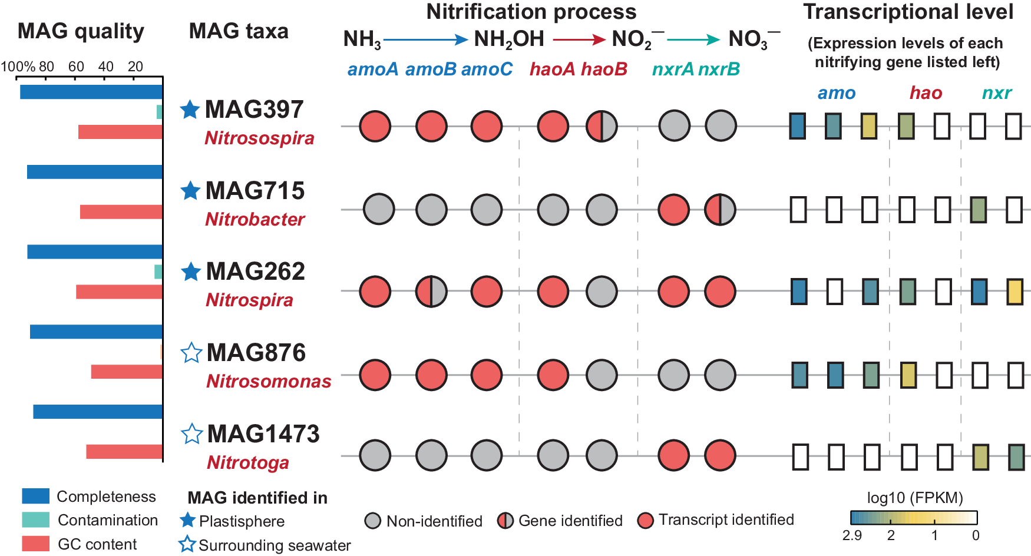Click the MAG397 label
point(254,110)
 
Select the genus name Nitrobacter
point(255,220)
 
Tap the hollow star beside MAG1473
point(191,434)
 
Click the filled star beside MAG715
point(190,191)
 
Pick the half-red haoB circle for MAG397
point(602,126)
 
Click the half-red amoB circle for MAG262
point(431,292)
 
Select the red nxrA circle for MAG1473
point(673,455)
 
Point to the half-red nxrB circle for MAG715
point(720,210)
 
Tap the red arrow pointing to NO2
point(579,40)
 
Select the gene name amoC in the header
point(487,69)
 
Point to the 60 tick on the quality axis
point(76,67)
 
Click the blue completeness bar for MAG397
point(91,92)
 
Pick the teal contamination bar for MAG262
point(158,272)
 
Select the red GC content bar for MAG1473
point(124,452)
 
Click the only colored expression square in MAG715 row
point(978,210)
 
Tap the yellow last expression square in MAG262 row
point(1015,292)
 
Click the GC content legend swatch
point(35,543)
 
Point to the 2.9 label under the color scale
point(852,535)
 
